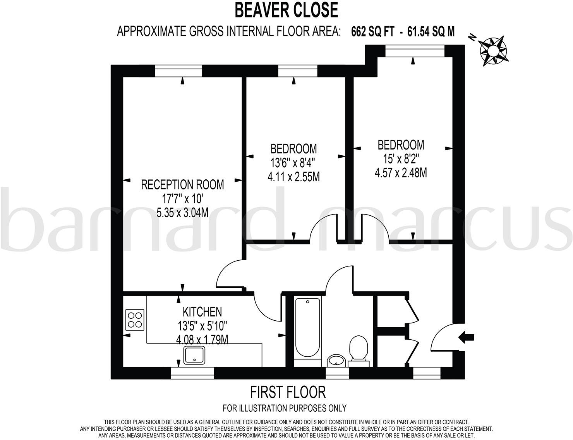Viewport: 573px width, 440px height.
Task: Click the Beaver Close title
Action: [286, 10]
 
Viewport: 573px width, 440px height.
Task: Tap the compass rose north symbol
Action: [492, 50]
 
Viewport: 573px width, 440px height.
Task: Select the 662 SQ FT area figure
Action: [372, 31]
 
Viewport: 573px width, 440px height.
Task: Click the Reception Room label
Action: [182, 184]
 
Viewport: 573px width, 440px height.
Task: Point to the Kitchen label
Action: [202, 311]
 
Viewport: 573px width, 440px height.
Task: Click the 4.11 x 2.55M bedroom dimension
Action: [293, 177]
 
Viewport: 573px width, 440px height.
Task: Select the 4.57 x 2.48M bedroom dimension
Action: [401, 172]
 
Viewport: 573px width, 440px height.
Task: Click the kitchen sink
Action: [194, 355]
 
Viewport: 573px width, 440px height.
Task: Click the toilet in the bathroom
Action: [359, 349]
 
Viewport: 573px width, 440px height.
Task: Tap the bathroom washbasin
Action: [336, 360]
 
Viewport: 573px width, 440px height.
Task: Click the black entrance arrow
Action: [467, 337]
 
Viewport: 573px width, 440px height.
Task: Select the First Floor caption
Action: [288, 392]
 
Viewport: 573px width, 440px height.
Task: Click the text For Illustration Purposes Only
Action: [285, 408]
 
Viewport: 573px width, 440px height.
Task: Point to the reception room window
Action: [178, 71]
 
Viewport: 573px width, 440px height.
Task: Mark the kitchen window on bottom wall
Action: [192, 373]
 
